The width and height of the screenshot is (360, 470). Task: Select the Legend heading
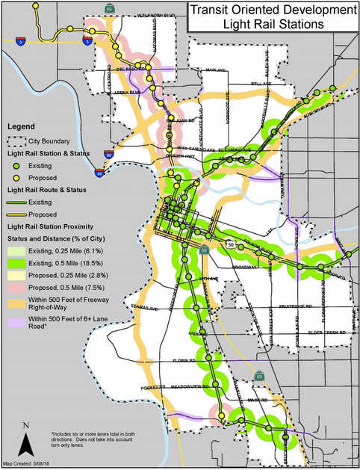tap(22, 126)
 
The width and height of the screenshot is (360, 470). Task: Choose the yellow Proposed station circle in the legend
tap(17, 177)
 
